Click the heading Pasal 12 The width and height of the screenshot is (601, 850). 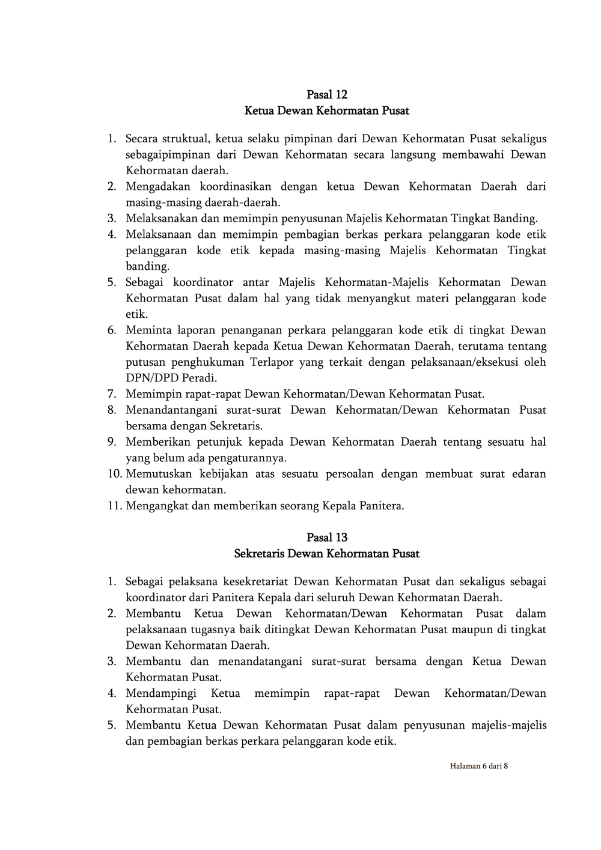(x=327, y=94)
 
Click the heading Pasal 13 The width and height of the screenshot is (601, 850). (x=327, y=537)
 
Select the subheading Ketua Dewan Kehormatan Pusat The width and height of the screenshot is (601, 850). (x=327, y=111)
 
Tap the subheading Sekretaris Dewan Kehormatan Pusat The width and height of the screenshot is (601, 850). (x=327, y=553)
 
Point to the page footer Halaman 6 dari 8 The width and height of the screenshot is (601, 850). (x=478, y=766)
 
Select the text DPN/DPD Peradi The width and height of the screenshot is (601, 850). (x=171, y=378)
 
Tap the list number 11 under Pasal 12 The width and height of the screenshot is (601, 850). (x=115, y=506)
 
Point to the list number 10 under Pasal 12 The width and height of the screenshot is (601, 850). (x=115, y=474)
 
